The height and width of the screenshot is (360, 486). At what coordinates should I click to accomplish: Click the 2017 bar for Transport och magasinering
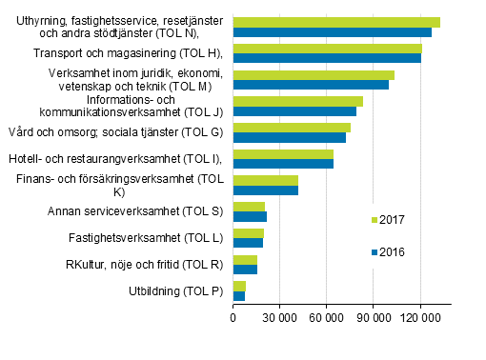[327, 48]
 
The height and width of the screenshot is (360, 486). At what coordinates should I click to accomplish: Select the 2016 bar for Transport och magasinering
[327, 58]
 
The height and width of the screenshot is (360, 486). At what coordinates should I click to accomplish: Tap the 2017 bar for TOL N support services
[336, 22]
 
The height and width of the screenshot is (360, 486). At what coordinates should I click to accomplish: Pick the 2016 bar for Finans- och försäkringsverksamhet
[266, 190]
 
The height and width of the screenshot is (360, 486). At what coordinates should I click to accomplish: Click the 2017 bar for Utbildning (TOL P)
[239, 286]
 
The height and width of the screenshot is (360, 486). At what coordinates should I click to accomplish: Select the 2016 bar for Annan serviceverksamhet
[250, 217]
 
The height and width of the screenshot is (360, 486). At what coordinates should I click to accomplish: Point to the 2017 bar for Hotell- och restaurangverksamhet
[283, 154]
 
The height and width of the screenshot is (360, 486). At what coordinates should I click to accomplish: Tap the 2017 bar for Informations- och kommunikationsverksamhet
[298, 101]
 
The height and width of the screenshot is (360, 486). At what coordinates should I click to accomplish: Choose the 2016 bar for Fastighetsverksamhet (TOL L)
[248, 243]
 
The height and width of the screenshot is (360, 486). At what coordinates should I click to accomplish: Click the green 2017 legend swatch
[373, 219]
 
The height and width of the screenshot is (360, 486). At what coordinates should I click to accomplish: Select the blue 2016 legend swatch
[373, 252]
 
